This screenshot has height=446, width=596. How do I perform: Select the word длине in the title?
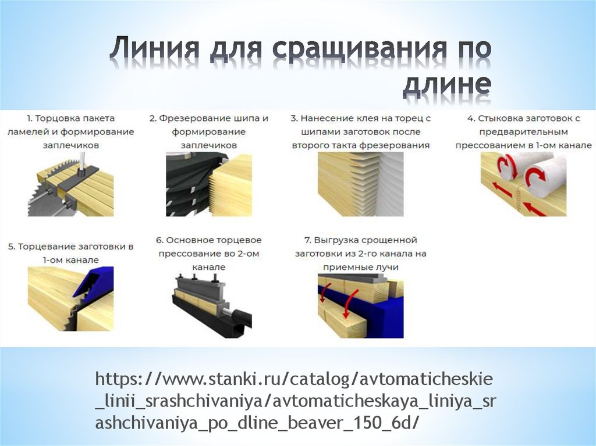click(446, 85)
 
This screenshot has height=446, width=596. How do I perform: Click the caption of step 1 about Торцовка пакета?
click(70, 132)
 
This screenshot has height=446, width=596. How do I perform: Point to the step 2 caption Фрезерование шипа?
click(209, 132)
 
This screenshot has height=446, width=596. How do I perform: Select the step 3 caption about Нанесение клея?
click(361, 132)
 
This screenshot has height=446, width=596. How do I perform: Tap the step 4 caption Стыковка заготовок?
click(523, 132)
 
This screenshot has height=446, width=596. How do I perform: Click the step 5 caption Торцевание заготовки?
click(70, 253)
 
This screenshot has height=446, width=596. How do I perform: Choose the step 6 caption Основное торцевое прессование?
click(209, 254)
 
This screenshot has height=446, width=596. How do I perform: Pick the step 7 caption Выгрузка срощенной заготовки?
click(361, 254)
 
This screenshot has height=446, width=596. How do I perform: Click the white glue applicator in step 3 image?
click(392, 184)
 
